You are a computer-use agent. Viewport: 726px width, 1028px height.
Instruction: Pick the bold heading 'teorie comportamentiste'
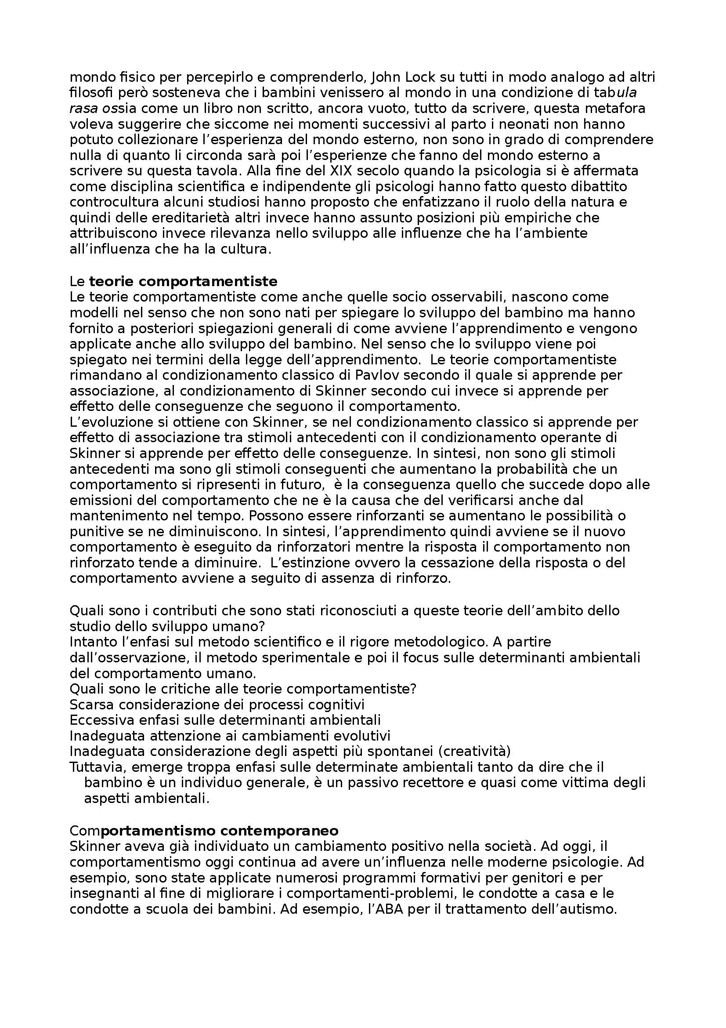point(184,282)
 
